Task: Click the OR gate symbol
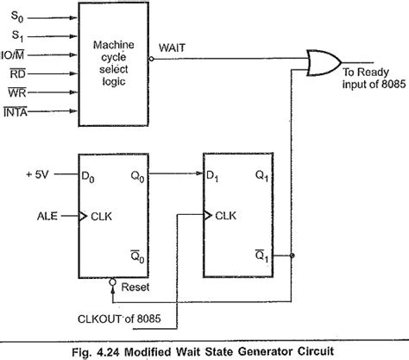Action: (x=324, y=63)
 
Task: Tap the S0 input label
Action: (x=17, y=16)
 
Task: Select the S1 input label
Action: (x=17, y=35)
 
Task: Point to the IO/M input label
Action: (x=12, y=54)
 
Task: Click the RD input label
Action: (x=18, y=73)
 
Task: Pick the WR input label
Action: (x=17, y=92)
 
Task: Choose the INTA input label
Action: (x=16, y=111)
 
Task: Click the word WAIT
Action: (x=172, y=47)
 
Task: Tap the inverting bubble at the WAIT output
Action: (x=151, y=59)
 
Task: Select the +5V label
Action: (x=37, y=174)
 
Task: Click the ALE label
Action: (x=47, y=216)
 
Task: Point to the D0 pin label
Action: (x=88, y=176)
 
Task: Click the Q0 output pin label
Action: (x=137, y=176)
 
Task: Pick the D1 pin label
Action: (x=212, y=176)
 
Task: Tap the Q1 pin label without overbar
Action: (x=261, y=176)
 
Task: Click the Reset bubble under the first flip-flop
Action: (x=113, y=281)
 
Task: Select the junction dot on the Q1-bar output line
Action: (x=293, y=256)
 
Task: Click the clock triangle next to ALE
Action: (x=83, y=216)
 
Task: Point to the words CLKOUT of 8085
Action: (x=119, y=319)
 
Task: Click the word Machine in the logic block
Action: (x=114, y=45)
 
